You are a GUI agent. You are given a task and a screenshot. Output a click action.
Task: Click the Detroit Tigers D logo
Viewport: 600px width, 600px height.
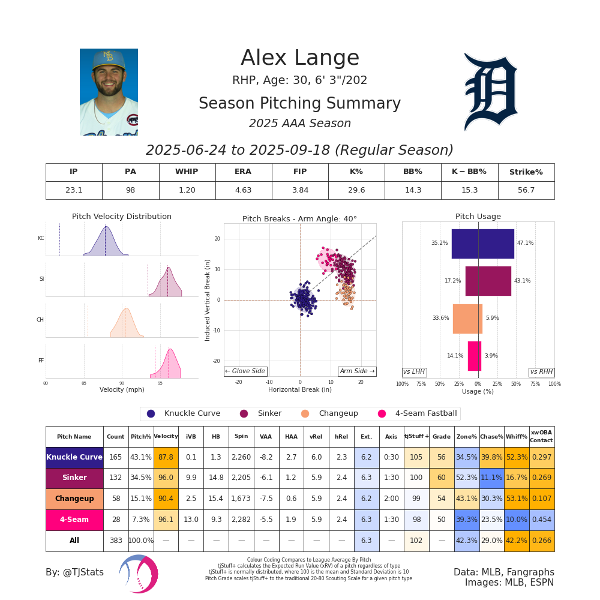(x=490, y=91)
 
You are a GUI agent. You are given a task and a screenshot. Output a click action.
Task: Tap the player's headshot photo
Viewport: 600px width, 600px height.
(x=109, y=92)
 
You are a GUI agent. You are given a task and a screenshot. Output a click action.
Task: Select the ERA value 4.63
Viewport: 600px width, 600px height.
(x=243, y=190)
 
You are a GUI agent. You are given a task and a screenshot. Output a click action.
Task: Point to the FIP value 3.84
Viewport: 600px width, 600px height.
(x=299, y=190)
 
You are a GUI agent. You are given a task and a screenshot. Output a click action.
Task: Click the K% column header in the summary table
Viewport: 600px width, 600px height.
(x=356, y=172)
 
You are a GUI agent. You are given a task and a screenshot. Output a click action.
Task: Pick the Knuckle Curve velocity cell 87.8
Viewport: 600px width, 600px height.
(x=166, y=457)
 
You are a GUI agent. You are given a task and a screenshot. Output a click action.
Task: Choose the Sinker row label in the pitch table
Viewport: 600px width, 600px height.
(x=74, y=478)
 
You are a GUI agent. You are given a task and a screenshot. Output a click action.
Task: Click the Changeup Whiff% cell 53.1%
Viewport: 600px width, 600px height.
(x=516, y=499)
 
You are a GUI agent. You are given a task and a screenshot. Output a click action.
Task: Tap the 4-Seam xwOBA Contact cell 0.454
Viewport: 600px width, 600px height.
(x=541, y=520)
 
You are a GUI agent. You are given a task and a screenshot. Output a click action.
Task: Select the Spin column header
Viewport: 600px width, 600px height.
(x=241, y=437)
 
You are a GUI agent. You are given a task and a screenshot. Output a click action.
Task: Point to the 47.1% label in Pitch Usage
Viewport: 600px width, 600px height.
(x=525, y=243)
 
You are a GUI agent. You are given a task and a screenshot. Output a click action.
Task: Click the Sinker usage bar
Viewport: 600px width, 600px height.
(x=488, y=281)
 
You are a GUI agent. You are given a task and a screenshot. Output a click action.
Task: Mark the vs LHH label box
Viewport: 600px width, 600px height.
(x=414, y=372)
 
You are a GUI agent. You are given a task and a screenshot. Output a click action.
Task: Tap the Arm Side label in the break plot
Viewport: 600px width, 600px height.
(x=357, y=371)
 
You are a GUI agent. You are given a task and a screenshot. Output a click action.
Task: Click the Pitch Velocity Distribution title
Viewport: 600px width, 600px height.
(x=122, y=217)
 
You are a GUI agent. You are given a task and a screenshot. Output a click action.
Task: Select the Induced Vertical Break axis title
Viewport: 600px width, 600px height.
(x=208, y=300)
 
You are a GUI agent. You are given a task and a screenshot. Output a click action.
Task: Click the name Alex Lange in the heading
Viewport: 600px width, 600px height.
(x=300, y=58)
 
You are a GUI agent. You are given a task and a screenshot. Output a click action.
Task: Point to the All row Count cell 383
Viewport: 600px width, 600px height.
(x=116, y=541)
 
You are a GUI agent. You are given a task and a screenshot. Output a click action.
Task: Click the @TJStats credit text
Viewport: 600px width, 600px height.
(x=74, y=572)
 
